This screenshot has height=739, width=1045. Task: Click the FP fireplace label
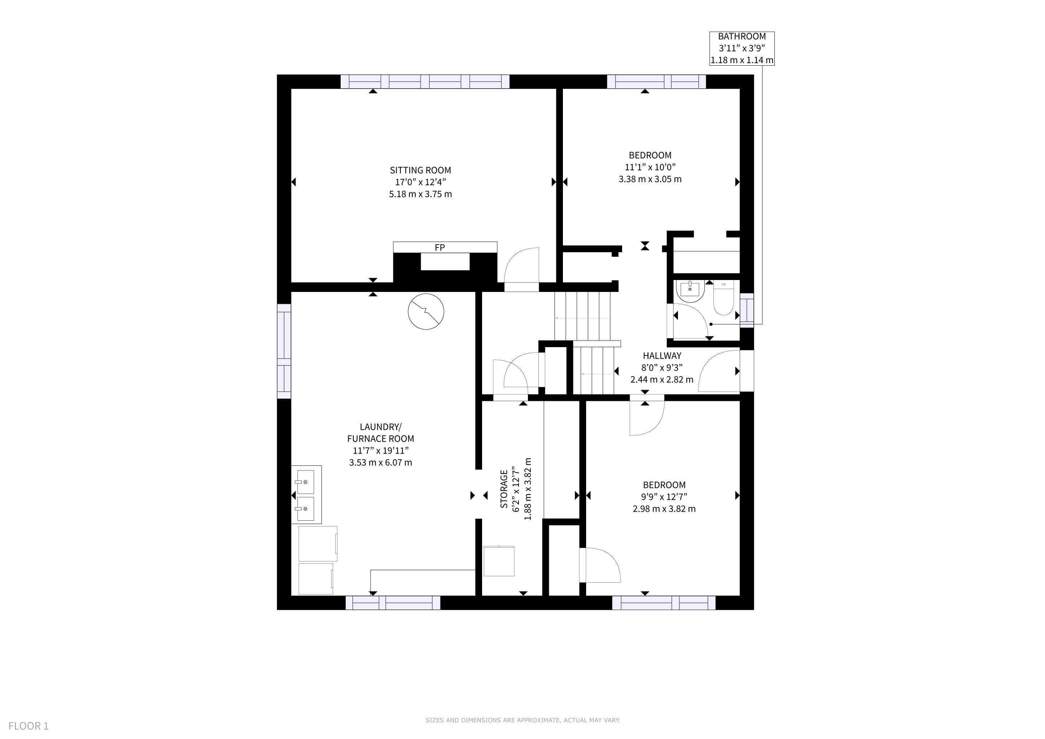(x=440, y=248)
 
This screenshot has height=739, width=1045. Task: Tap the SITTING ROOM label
(x=420, y=170)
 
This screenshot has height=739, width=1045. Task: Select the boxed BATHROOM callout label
(x=742, y=48)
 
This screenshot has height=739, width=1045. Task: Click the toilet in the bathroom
(x=723, y=298)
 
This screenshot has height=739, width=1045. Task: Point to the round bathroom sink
(x=690, y=291)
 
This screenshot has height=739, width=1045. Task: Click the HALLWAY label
(x=662, y=356)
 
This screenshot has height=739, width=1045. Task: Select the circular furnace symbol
(x=426, y=312)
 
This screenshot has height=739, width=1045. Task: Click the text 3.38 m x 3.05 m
(x=650, y=179)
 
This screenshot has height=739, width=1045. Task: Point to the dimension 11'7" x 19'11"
(x=380, y=450)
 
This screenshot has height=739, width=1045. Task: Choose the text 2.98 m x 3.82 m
(x=664, y=509)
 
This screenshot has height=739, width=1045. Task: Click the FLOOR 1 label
(x=28, y=726)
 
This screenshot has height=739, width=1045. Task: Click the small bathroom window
(x=747, y=310)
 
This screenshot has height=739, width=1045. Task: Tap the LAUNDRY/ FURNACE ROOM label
(x=380, y=433)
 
